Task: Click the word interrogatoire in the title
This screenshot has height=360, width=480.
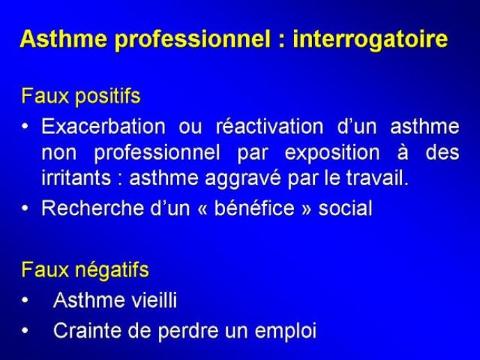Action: point(371,40)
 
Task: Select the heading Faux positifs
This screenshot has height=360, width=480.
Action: point(81,96)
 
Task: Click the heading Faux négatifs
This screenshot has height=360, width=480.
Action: point(85,270)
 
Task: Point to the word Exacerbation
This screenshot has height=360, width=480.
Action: point(104,126)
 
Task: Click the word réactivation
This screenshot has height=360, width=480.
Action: point(270,126)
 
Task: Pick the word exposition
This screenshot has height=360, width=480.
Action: point(332,153)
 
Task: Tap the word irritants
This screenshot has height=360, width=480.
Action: point(76,178)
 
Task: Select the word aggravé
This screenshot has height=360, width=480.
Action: point(242,179)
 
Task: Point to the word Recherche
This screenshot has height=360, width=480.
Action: point(93,208)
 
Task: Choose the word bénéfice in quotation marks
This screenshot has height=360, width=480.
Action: point(254,208)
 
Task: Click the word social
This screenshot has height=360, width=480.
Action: point(346,208)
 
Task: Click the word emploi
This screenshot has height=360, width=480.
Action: point(286,331)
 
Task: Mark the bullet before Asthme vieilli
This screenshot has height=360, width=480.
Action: point(25,300)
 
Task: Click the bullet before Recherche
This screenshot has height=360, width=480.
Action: point(25,208)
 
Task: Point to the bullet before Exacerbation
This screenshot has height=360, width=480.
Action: point(25,126)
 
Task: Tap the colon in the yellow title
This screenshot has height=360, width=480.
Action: point(282,41)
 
